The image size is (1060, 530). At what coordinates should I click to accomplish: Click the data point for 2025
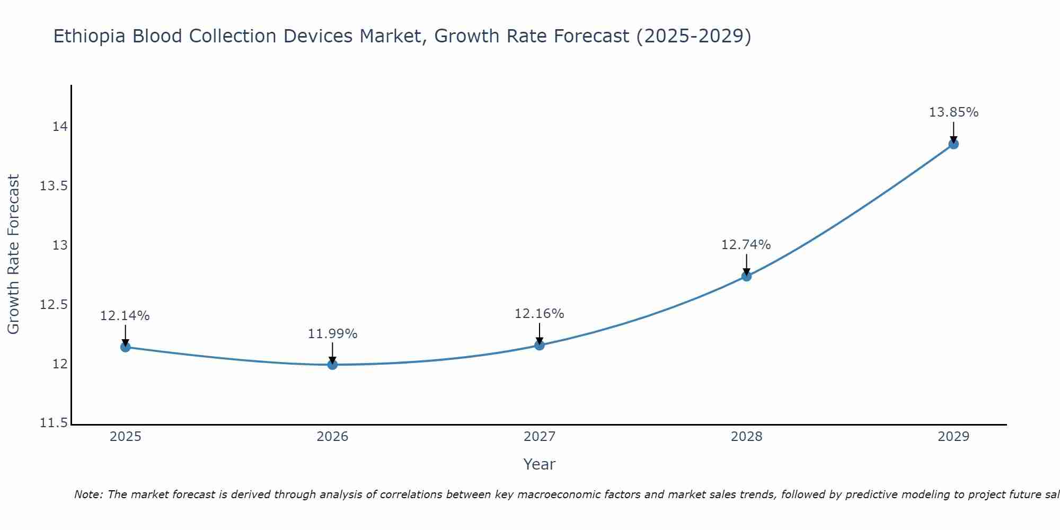click(126, 347)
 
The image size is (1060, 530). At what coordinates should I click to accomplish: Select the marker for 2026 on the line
click(332, 365)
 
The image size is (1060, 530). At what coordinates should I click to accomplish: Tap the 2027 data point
click(540, 345)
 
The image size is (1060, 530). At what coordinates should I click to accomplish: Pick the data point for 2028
click(746, 276)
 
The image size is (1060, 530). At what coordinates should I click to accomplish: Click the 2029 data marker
click(953, 144)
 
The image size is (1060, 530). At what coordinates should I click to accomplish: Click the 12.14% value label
click(125, 316)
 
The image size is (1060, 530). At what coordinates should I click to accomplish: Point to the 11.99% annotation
click(332, 334)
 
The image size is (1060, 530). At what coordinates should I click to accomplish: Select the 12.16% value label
click(539, 314)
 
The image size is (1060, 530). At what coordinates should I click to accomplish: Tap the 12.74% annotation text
click(746, 245)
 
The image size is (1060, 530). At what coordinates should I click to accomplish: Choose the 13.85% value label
click(953, 112)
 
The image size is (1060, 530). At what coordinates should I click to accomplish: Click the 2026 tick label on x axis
click(332, 437)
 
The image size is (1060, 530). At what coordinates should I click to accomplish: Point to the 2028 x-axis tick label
click(746, 437)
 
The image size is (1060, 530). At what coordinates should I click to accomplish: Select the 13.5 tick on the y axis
click(54, 186)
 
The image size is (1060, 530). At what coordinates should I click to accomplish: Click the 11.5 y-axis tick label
click(54, 423)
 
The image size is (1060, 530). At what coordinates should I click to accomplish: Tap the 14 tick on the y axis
click(59, 127)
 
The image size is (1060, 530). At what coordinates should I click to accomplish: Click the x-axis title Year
click(539, 464)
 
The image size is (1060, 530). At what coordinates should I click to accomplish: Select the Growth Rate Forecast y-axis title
click(13, 254)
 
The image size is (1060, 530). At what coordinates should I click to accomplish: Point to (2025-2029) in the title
click(693, 36)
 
